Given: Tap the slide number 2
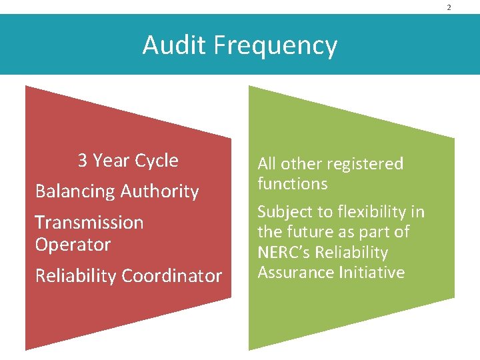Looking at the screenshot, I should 449,7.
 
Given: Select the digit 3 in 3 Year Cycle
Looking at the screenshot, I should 83,161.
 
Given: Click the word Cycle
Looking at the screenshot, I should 157,161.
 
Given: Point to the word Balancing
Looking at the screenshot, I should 73,192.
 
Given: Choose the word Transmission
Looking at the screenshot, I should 89,222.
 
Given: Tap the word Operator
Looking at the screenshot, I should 72,244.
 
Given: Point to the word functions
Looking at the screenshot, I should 292,183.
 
